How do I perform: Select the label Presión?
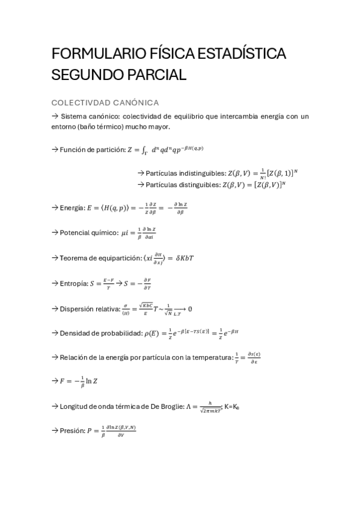(73, 431)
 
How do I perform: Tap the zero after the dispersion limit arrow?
(190, 309)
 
